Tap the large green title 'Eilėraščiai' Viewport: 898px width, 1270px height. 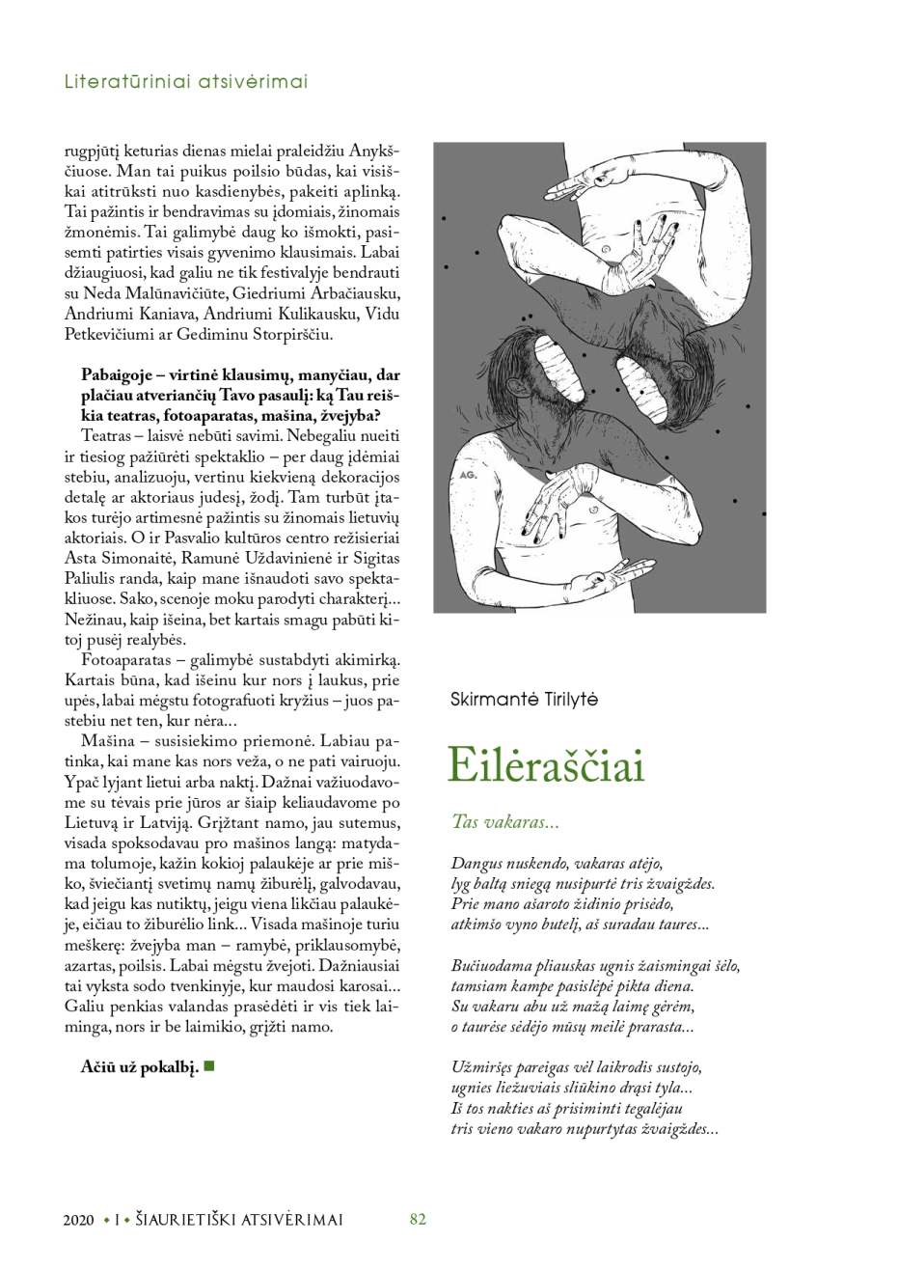tap(548, 766)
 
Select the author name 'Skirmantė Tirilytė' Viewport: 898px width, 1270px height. tap(524, 699)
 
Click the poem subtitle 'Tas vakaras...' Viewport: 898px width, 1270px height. tap(505, 823)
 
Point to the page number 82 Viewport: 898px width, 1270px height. tap(418, 1219)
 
